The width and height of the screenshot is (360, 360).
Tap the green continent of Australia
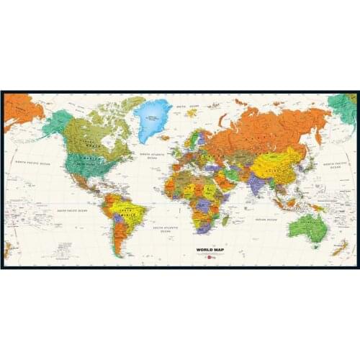tap(309, 227)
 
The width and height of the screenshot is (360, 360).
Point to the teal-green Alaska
tap(58, 122)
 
